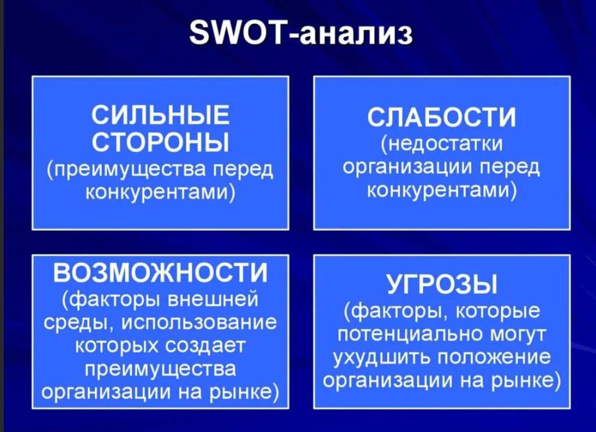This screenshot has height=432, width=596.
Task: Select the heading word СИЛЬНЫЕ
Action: [x=161, y=115]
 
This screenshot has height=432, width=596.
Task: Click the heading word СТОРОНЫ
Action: [x=161, y=142]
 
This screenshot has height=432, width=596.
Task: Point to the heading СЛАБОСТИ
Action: [x=442, y=117]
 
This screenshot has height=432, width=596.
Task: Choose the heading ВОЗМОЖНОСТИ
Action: [x=161, y=273]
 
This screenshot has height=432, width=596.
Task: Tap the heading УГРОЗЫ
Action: [x=442, y=284]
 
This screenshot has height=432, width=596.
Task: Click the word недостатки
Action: [x=444, y=144]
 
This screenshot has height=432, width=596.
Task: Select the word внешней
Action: [x=213, y=298]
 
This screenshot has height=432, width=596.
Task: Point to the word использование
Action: [x=199, y=323]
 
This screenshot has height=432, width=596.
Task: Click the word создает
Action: [x=205, y=346]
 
